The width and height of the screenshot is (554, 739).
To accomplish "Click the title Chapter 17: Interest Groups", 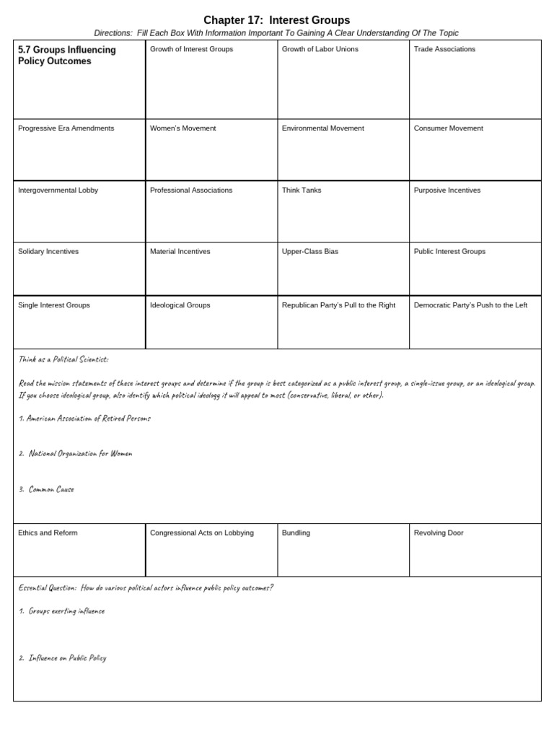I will (x=276, y=20).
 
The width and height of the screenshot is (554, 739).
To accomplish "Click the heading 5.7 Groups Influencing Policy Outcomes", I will (x=66, y=56).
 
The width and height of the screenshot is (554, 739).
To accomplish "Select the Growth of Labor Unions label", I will (x=320, y=49).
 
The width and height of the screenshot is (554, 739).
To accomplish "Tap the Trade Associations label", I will (x=444, y=49).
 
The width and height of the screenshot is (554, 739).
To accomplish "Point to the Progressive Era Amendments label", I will (x=66, y=128).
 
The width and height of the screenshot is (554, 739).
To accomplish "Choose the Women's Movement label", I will (x=183, y=128).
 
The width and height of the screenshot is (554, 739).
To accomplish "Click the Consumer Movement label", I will (x=448, y=128).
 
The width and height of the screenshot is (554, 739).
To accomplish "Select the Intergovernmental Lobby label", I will (x=58, y=191).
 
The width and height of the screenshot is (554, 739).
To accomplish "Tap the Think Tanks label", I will (x=302, y=191).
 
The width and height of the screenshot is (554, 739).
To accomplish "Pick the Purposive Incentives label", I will (x=447, y=191).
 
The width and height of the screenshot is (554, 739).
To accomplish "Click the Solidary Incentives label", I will (x=48, y=252).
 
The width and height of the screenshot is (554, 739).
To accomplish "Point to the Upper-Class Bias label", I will (x=309, y=252).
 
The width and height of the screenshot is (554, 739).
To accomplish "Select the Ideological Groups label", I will (x=180, y=305).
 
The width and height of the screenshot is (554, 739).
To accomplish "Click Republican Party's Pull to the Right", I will (x=338, y=305).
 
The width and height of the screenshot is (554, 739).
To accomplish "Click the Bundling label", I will (x=296, y=533).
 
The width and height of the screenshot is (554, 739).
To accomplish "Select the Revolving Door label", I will (x=439, y=533).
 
